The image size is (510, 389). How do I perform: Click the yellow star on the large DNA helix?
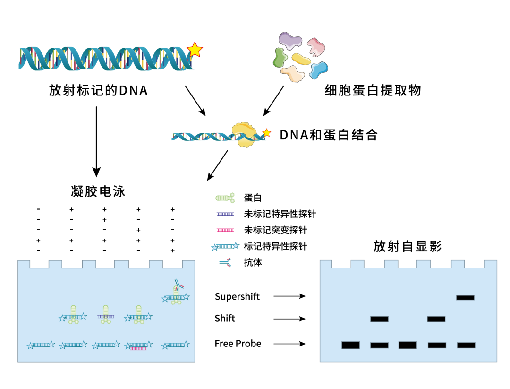click(x=195, y=49)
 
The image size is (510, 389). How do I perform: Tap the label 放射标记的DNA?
click(x=99, y=90)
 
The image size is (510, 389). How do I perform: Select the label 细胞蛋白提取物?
click(x=373, y=90)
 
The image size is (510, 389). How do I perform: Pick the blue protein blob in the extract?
click(x=318, y=69)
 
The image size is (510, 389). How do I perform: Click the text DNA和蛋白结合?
click(x=329, y=135)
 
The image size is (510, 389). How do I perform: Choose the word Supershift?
click(x=237, y=297)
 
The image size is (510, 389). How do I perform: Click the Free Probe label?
click(x=238, y=344)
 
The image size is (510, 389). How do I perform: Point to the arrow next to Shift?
click(x=289, y=319)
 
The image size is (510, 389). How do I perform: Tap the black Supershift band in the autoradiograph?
click(x=465, y=297)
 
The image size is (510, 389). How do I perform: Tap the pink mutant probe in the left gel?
click(x=137, y=349)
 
